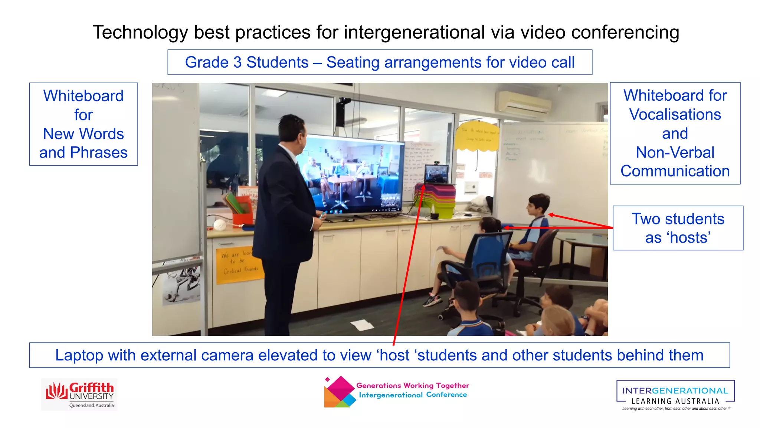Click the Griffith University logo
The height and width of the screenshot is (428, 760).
pyautogui.click(x=79, y=395)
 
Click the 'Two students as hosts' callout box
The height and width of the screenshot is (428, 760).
pyautogui.click(x=678, y=228)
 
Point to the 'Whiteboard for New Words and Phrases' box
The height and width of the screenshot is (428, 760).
pyautogui.click(x=83, y=124)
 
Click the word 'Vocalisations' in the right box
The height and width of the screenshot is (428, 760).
pyautogui.click(x=675, y=114)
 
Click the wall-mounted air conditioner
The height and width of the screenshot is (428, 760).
pyautogui.click(x=523, y=102)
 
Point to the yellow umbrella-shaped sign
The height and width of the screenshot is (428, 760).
pyautogui.click(x=478, y=136)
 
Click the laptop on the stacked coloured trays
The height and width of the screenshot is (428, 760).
pyautogui.click(x=436, y=175)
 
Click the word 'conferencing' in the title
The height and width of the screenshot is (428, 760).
pyautogui.click(x=625, y=32)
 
